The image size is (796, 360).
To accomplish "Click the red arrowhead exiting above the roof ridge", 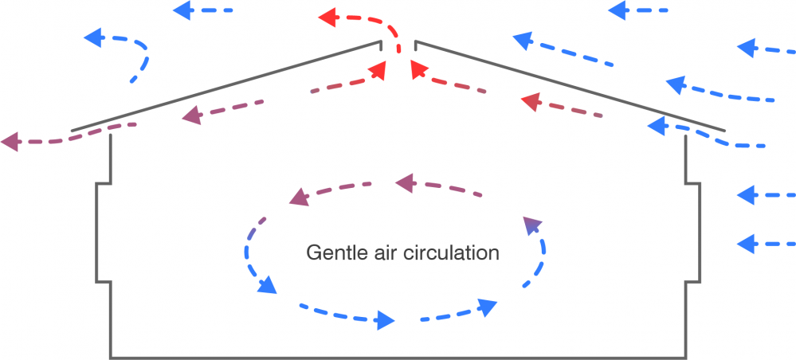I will tap(327, 17).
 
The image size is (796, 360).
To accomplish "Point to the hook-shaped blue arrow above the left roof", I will tap(127, 49).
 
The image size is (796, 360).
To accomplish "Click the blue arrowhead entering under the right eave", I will tap(657, 126).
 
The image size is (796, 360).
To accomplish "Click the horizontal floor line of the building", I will tap(398, 356).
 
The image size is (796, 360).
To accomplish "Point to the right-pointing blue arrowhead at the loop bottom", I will tap(385, 321).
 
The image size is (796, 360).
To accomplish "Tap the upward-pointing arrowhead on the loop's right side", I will tap(531, 227).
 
